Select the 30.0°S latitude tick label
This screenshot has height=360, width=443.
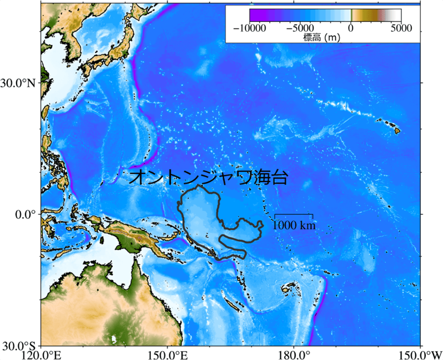(21, 345)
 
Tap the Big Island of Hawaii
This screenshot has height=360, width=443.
(396, 130)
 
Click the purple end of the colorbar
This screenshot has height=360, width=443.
(254, 15)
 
